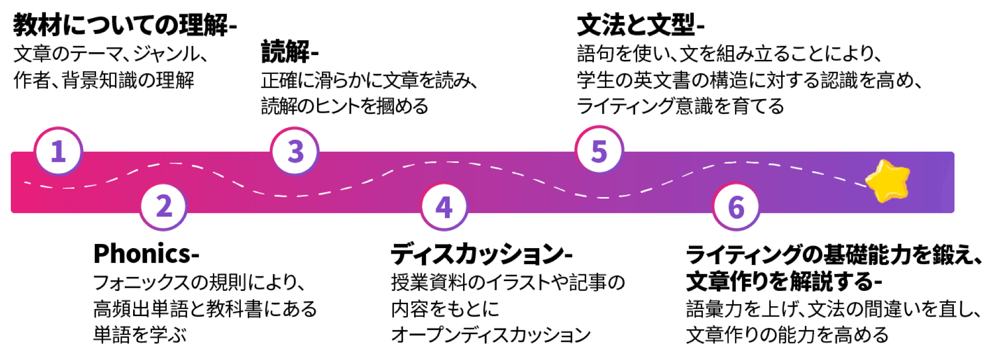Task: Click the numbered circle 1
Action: [58, 152]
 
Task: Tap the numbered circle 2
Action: [164, 206]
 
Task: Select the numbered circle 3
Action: [295, 152]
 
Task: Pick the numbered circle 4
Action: [444, 207]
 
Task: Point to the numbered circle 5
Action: [599, 151]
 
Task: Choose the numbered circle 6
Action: [736, 207]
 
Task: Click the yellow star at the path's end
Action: [887, 181]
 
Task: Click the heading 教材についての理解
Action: [121, 25]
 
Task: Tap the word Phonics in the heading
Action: [142, 254]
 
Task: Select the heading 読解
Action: [286, 52]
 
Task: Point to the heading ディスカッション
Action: [477, 254]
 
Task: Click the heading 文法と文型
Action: [636, 25]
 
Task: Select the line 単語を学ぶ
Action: [140, 335]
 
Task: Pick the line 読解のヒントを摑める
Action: [344, 106]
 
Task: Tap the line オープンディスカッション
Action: [491, 335]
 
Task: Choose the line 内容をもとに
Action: [445, 308]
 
